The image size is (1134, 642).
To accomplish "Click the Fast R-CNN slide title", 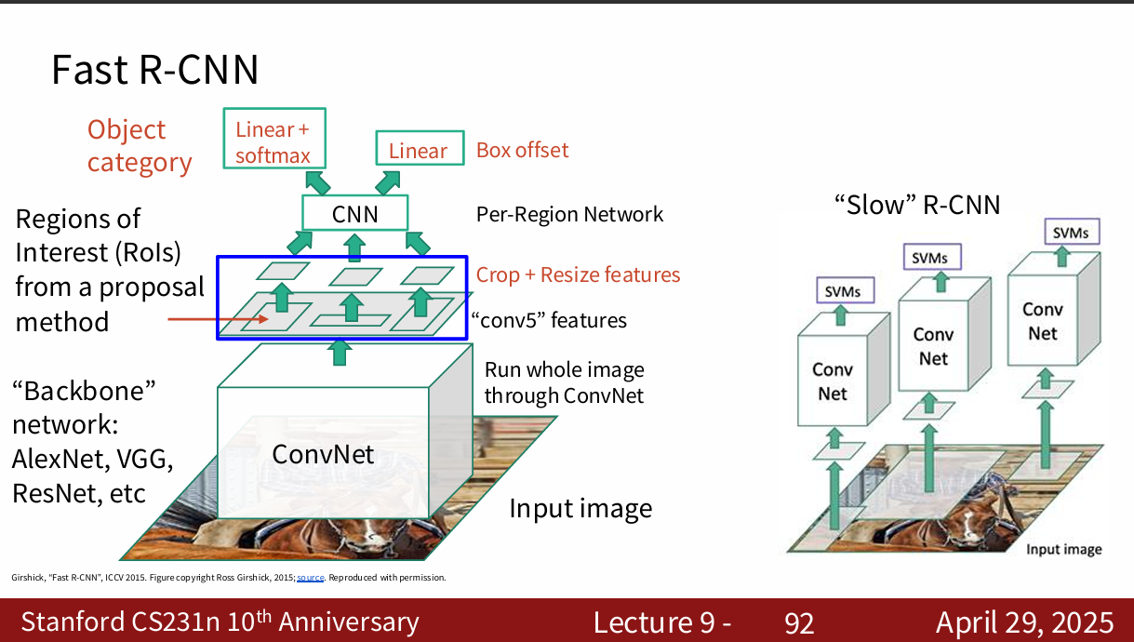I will [154, 71].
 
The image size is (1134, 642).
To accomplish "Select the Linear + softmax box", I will [272, 141].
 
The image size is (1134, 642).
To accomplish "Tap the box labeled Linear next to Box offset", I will [418, 151].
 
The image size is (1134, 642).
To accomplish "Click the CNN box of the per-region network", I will [354, 214].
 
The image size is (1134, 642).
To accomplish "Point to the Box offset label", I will [522, 150].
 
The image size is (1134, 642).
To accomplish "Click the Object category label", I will [139, 146].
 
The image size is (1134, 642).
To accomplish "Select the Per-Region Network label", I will [569, 214].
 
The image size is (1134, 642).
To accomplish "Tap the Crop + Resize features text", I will [578, 274].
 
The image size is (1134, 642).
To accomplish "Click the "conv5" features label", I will [549, 321].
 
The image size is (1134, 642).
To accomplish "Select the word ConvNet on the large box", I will [323, 454].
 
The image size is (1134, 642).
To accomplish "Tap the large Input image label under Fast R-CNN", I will [580, 509].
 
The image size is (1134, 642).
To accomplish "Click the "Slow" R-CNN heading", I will [917, 205].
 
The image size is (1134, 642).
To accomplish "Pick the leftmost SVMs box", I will [843, 291].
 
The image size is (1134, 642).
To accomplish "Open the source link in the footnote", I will [310, 578].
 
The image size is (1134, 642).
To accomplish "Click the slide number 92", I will [799, 622].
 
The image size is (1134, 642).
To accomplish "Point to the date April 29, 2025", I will [1024, 622].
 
